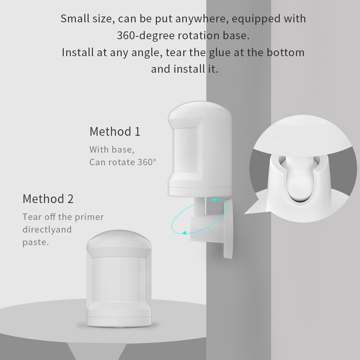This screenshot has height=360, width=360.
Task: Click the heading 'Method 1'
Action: point(115,131)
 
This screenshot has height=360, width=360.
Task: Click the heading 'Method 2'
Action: point(48,199)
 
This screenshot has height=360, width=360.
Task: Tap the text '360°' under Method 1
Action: point(147,162)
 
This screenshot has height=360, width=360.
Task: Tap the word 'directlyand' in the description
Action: point(47,230)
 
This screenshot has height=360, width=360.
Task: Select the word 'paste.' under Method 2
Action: point(35,242)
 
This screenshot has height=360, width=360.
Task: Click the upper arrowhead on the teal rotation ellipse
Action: point(215,199)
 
